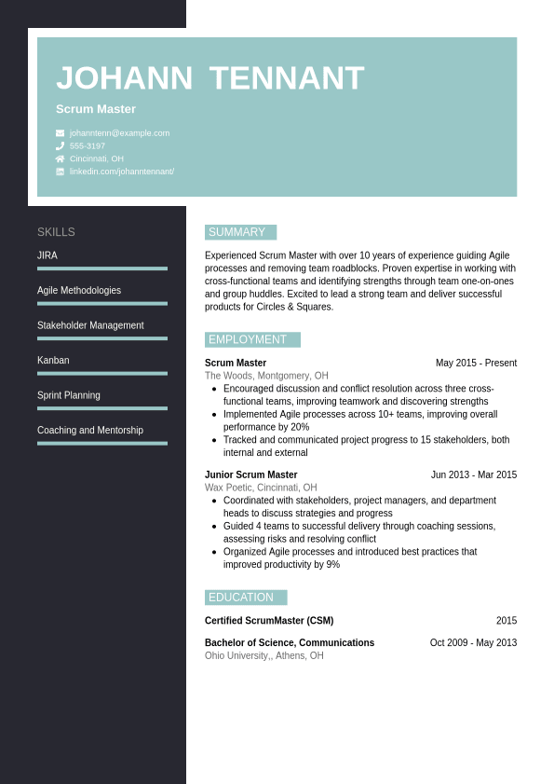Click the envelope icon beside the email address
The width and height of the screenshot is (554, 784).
(60, 133)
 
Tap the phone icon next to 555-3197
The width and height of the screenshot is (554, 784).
(60, 146)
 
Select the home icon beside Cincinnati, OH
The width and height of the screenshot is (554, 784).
(60, 158)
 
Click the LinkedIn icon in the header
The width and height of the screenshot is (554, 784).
(60, 172)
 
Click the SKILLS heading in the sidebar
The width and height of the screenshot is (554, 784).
(56, 232)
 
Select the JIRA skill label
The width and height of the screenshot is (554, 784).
(47, 255)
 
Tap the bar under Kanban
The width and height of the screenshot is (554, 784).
(102, 373)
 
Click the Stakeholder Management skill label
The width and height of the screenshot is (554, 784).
(90, 325)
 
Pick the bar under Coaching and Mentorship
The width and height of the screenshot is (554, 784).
(102, 443)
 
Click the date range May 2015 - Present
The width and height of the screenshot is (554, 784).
(476, 364)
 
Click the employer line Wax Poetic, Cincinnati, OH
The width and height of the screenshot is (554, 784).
(261, 488)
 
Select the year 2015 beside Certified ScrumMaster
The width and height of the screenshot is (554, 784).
(506, 621)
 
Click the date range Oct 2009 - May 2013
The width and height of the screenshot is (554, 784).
(473, 643)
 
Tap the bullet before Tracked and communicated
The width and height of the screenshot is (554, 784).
(214, 440)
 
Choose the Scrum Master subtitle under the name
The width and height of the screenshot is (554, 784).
(96, 109)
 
